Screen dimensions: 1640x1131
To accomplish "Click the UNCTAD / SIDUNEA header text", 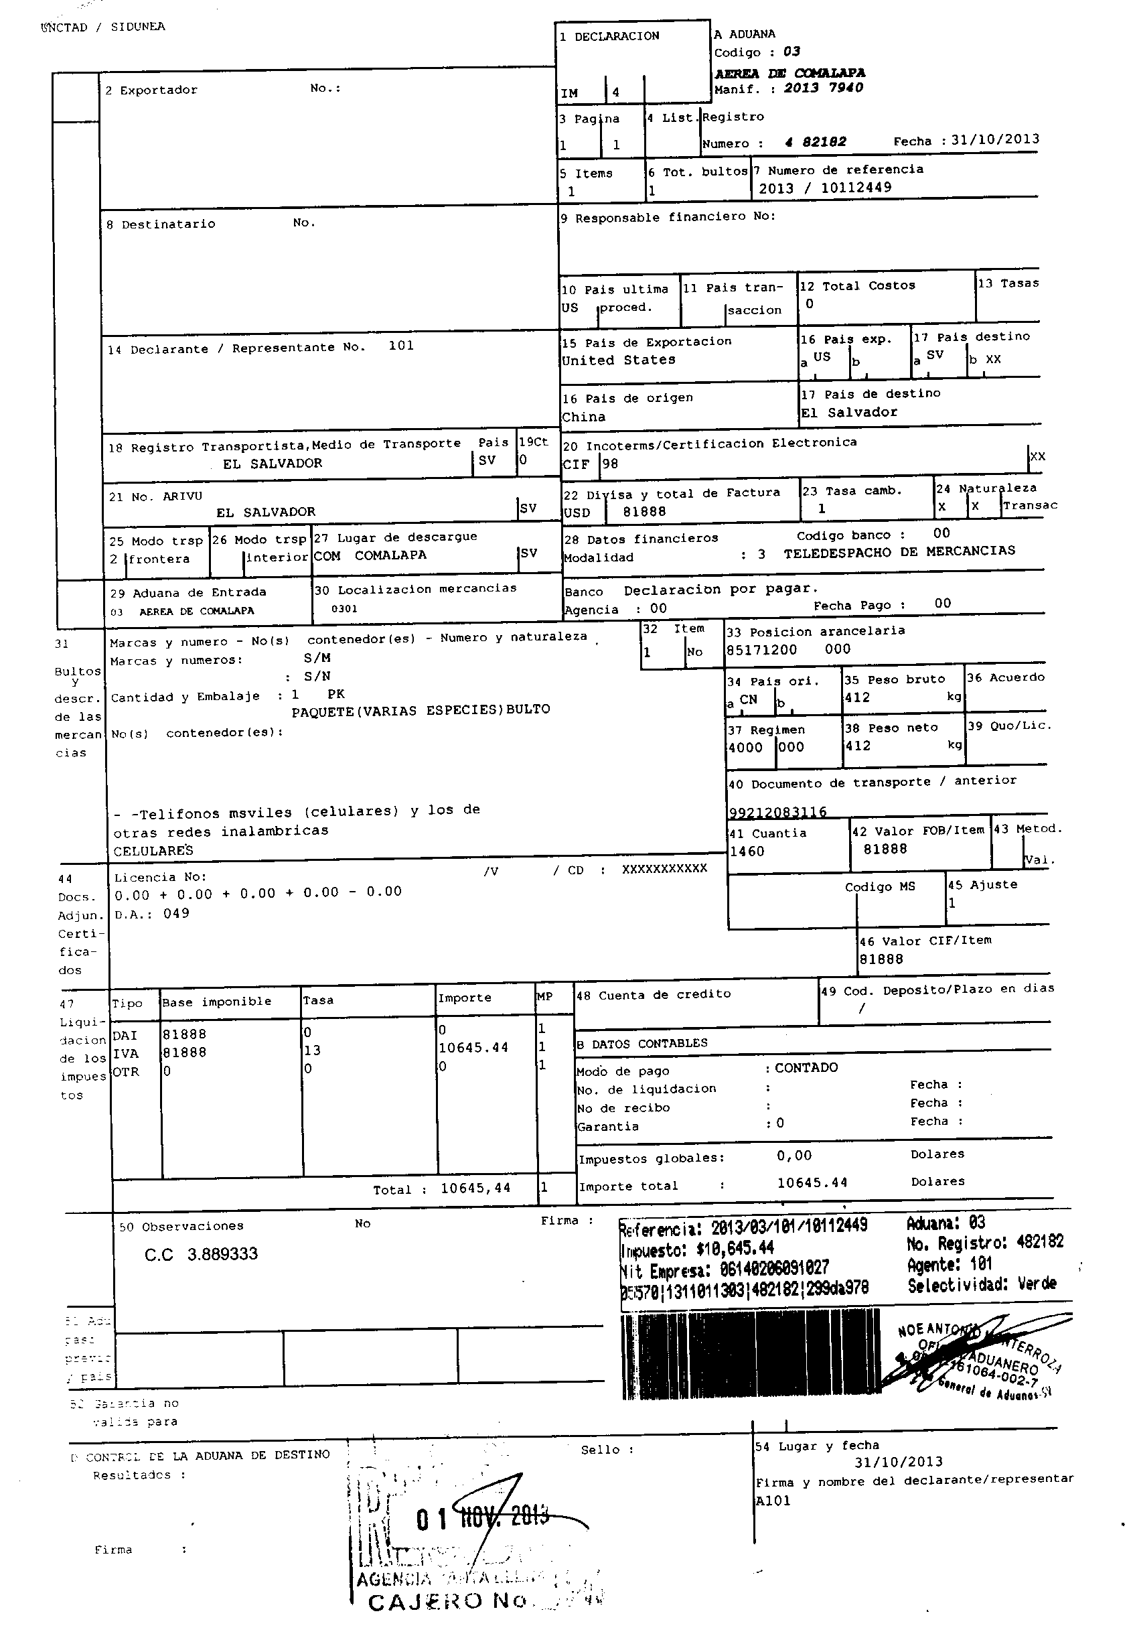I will pos(102,27).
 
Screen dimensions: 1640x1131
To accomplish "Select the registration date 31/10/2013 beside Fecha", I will pos(995,139).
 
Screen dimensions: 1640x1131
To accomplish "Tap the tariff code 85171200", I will pos(761,649).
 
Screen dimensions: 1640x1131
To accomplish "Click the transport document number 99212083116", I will pos(777,812).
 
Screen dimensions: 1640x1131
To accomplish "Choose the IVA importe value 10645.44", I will pos(473,1048).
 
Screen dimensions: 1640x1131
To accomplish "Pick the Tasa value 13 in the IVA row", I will pos(312,1050).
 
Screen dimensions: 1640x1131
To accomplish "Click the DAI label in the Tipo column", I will pos(125,1036).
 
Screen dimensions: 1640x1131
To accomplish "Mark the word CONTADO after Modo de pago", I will pos(806,1068).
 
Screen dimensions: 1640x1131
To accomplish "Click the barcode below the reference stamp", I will pos(747,1357).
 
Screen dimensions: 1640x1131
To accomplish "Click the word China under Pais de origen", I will pos(584,417).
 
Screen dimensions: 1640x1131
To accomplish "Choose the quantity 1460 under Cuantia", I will pos(747,851).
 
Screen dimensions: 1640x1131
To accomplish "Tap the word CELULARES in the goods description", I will pos(153,851).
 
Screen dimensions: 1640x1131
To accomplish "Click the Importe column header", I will pos(464,998).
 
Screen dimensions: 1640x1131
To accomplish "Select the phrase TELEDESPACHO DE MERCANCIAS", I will pos(899,551).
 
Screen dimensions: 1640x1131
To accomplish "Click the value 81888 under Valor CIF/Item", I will pos(881,959).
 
